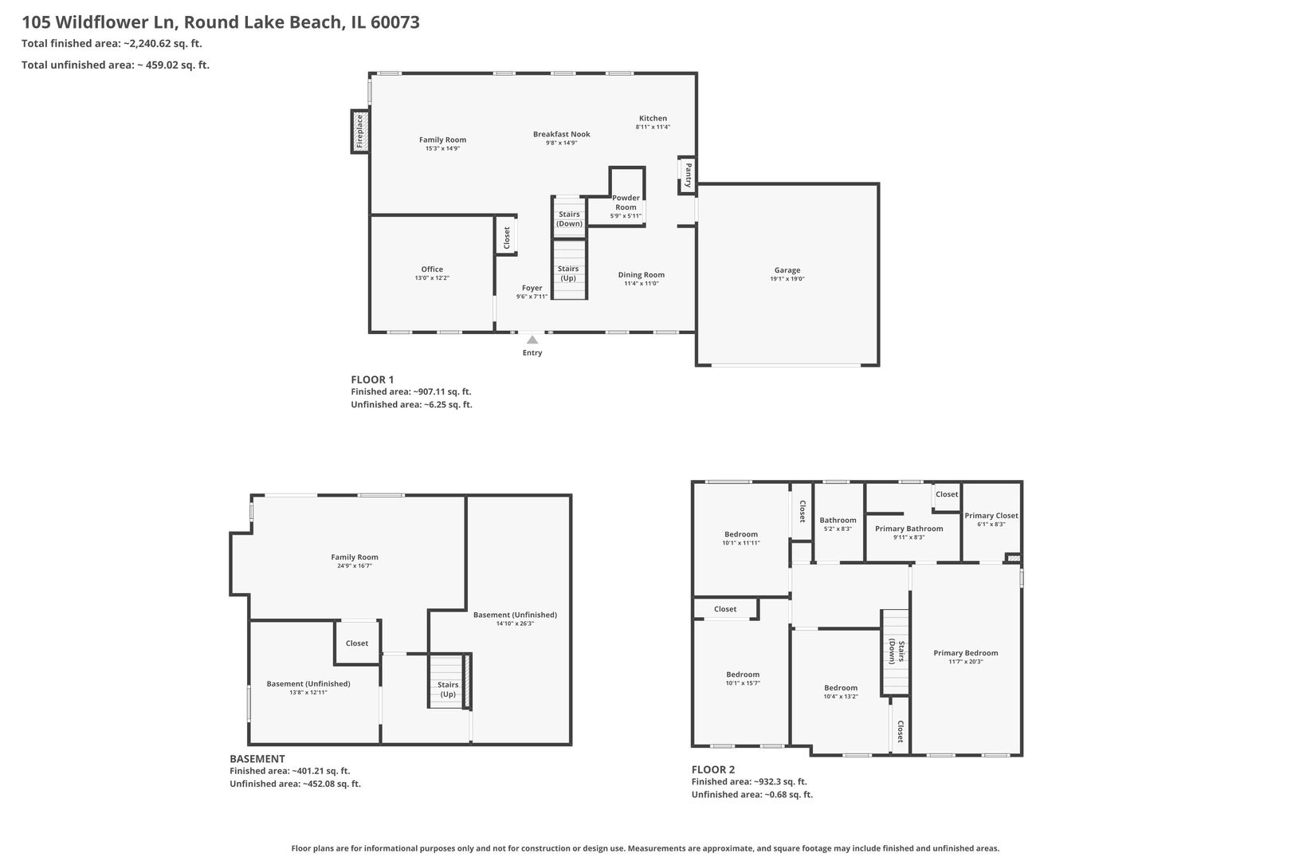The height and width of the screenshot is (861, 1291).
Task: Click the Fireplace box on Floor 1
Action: (359, 132)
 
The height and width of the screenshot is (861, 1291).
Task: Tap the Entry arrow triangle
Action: (532, 340)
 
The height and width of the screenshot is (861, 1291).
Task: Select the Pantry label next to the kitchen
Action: (688, 175)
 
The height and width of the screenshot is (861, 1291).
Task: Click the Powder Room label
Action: (626, 202)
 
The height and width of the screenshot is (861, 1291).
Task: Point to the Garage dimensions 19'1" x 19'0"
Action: (787, 279)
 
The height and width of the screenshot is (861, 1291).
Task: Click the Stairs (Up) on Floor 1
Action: (568, 273)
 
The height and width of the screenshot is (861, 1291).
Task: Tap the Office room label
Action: (432, 269)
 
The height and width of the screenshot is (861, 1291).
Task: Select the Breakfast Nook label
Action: (562, 134)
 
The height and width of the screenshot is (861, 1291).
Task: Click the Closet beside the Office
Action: (506, 237)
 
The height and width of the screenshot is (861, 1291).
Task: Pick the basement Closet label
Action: (357, 643)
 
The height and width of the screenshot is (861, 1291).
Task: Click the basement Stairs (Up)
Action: (448, 689)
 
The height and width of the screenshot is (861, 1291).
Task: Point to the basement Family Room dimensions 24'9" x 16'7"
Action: (355, 566)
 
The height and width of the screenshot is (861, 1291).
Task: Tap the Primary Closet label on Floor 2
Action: (991, 515)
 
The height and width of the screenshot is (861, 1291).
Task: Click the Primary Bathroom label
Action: (908, 529)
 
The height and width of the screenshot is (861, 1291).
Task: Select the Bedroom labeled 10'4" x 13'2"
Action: (841, 687)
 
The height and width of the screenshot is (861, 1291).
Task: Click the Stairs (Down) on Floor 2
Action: (896, 652)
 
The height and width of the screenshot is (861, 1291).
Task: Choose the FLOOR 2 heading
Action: (713, 769)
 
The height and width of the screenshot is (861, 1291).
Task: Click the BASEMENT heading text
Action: (257, 759)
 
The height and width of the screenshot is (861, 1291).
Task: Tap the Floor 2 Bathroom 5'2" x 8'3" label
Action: (838, 520)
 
